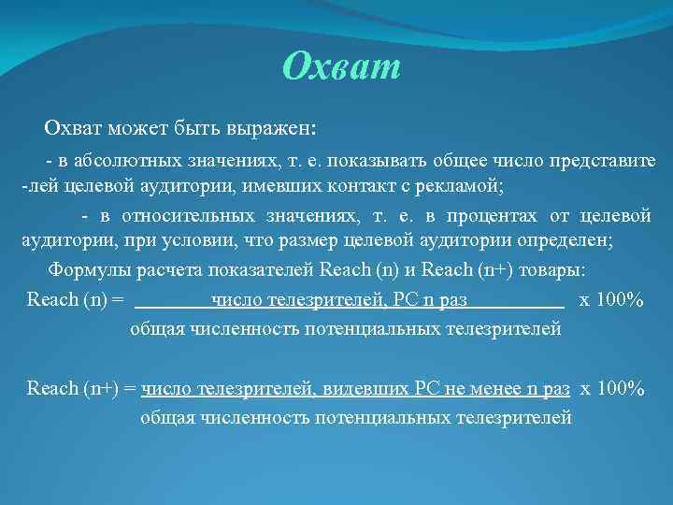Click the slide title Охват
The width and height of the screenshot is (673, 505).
point(341,67)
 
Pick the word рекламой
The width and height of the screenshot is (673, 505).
point(455,186)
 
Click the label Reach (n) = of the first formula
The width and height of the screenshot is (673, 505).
point(75,300)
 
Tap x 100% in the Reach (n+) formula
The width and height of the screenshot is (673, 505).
point(612,389)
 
